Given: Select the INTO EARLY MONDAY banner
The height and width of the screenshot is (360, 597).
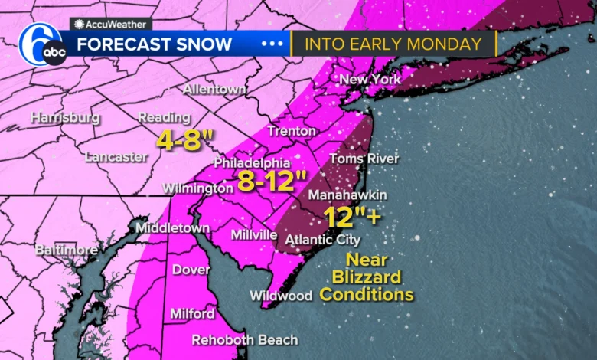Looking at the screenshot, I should point(393,44).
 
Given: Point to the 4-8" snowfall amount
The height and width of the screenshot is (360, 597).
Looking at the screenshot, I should point(184,139).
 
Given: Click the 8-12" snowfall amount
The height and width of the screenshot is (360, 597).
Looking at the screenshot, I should point(270,181).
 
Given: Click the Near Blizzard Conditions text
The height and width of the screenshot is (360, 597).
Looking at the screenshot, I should point(367,277).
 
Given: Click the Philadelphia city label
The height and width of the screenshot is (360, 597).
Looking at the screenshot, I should point(252,163).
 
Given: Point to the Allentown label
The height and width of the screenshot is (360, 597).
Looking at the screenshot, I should point(214,90).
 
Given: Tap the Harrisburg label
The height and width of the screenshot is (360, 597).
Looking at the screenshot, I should point(65,118).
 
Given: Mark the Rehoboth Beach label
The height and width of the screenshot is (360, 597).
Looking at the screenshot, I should point(244,339).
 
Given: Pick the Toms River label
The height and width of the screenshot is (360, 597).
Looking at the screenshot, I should point(364,159).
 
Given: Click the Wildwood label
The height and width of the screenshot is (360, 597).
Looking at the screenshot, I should point(280,296).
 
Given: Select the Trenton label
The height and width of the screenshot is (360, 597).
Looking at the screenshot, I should point(291,131).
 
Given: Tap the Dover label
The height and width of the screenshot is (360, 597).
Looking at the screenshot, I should point(186,270).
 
